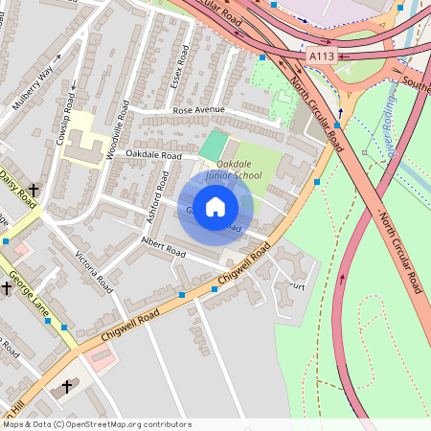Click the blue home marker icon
[215, 207]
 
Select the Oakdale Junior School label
[233, 170]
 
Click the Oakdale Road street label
[153, 154]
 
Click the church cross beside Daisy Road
[34, 191]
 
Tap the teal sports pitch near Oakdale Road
[215, 147]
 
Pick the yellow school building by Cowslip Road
[84, 139]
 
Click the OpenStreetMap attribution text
[96, 423]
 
